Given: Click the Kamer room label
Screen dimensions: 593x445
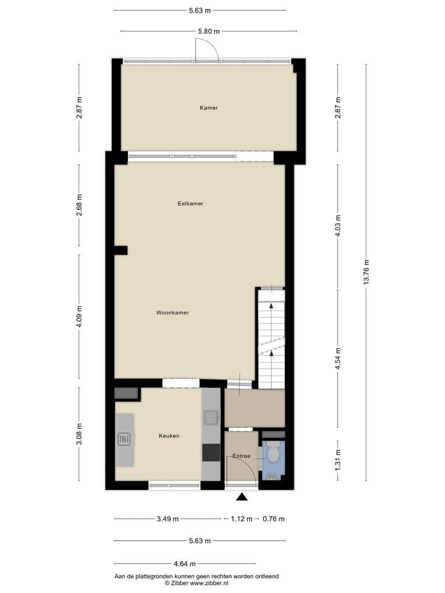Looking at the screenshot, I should click(208, 108).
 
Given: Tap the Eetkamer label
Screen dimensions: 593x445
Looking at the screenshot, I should click(190, 203).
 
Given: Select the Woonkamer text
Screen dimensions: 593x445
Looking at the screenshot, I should click(172, 313).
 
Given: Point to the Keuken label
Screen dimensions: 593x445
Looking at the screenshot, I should click(169, 436).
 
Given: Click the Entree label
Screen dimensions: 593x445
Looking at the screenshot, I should click(241, 456).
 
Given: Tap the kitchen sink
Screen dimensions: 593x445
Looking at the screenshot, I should click(211, 418).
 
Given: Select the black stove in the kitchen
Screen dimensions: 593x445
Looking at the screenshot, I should click(211, 453).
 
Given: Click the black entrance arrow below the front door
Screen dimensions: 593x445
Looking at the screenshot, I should click(242, 496).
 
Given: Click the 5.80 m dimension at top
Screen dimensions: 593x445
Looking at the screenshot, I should click(208, 31).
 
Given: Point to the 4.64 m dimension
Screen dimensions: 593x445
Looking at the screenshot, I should click(184, 563).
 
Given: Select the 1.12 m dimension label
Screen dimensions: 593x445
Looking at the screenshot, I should click(241, 519).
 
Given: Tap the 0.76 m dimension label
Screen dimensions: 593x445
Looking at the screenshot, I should click(273, 519).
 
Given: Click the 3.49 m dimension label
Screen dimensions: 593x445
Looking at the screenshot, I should click(167, 519).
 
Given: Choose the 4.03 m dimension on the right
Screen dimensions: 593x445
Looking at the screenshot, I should click(337, 226).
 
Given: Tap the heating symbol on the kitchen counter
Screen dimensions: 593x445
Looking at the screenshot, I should click(124, 439).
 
